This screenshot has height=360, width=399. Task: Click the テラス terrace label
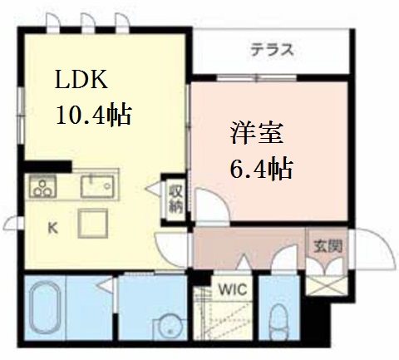272,50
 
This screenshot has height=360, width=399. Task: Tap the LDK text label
81,80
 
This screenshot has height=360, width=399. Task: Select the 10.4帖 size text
93,114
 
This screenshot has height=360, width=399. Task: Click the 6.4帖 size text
261,168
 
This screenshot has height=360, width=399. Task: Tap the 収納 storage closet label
176,200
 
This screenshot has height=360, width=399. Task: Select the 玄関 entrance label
328,246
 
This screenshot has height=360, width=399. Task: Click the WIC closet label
233,289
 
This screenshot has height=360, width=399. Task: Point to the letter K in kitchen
52,229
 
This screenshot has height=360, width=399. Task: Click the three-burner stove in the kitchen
43,186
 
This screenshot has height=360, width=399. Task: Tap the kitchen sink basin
97,186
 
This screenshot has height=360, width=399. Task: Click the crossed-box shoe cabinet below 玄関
326,285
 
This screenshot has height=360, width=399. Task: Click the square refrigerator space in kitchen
93,224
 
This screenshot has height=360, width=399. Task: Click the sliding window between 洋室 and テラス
257,77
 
